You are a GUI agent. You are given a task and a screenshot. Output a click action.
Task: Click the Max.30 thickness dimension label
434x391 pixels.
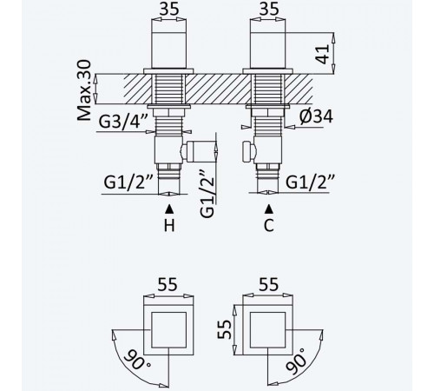(x=84, y=90)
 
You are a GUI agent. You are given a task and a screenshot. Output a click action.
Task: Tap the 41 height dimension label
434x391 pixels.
(x=323, y=54)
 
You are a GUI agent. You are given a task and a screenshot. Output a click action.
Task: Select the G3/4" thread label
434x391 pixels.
(x=123, y=122)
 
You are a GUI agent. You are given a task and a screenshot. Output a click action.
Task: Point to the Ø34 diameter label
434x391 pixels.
(x=316, y=116)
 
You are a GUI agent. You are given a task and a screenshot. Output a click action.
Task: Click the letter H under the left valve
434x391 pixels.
(x=169, y=226)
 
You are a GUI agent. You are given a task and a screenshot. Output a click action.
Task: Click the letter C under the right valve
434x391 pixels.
(x=269, y=226)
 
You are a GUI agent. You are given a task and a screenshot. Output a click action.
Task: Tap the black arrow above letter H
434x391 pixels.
(x=169, y=209)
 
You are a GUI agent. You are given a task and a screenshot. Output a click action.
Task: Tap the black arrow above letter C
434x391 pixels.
(x=269, y=209)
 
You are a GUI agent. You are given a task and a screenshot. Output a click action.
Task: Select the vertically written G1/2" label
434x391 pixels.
(x=207, y=193)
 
